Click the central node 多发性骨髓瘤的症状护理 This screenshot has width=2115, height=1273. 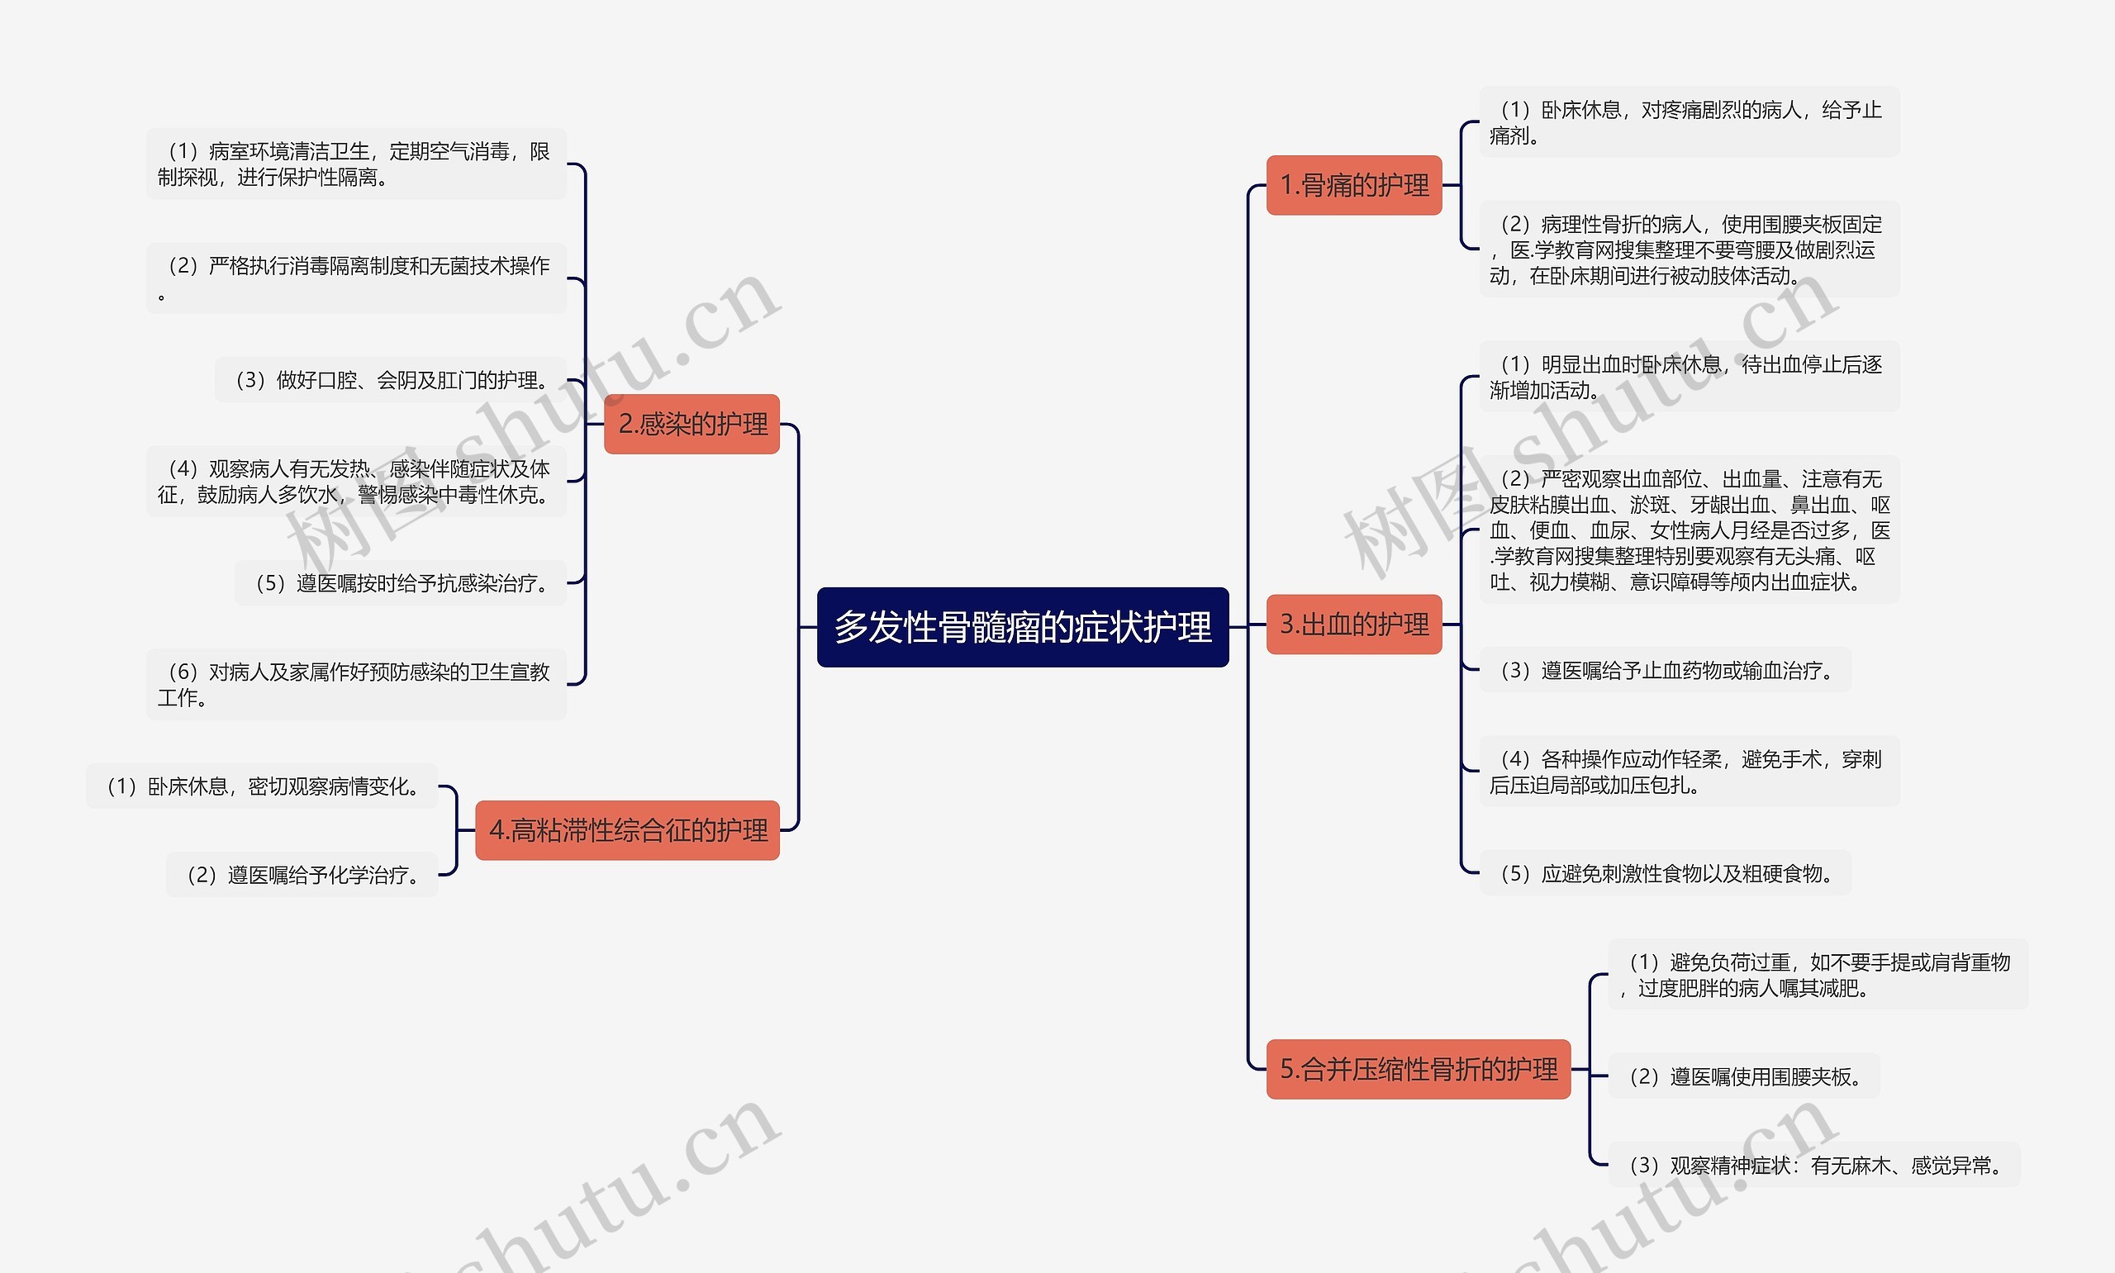1022,627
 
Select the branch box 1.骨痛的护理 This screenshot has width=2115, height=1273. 1353,185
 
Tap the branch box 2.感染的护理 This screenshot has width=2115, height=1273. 692,424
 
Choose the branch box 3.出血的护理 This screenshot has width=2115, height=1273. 1353,625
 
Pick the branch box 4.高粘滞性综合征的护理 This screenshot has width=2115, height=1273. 628,830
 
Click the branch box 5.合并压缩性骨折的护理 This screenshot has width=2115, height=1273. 1418,1069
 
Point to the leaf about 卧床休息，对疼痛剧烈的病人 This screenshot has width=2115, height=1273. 1688,122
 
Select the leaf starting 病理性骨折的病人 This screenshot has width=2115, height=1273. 1688,249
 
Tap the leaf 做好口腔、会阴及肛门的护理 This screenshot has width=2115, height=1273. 391,380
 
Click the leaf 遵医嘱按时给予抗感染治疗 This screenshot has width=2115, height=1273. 401,583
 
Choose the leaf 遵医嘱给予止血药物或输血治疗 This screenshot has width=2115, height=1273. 1665,670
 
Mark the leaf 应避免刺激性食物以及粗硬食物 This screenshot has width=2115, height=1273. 1665,873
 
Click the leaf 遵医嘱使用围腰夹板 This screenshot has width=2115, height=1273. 1742,1076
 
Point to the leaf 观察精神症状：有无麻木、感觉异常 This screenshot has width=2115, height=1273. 1813,1165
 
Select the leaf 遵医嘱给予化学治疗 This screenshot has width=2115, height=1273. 302,875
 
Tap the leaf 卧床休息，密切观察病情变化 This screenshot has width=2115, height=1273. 262,786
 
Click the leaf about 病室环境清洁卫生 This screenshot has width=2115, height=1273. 356,164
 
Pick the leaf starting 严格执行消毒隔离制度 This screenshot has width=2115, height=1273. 356,278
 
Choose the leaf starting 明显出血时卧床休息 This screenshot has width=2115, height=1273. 1688,378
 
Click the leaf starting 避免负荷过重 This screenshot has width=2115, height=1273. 1818,975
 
